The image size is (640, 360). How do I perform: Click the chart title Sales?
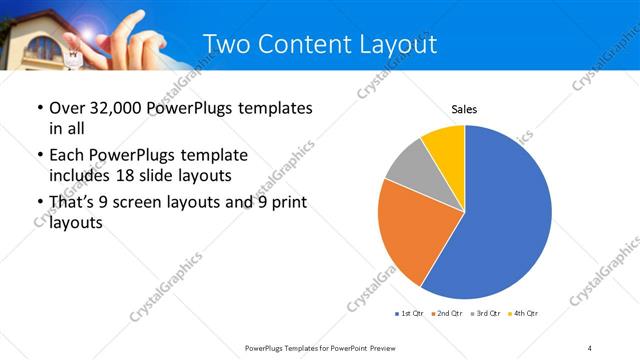pos(464,108)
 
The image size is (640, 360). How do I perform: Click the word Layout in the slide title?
pos(397,45)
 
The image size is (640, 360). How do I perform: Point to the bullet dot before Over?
pos(39,108)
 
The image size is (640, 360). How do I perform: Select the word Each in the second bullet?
pos(66,155)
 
